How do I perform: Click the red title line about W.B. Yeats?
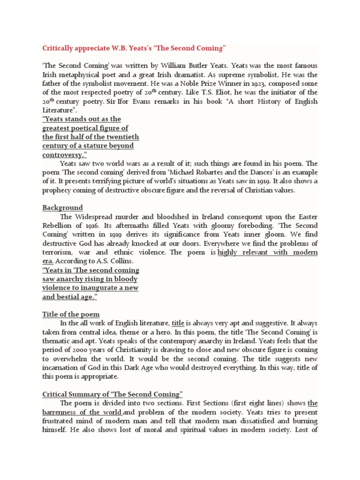click(x=134, y=48)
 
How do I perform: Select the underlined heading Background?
click(x=62, y=207)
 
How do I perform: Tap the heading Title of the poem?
click(x=71, y=314)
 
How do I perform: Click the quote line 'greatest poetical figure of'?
click(x=85, y=128)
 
